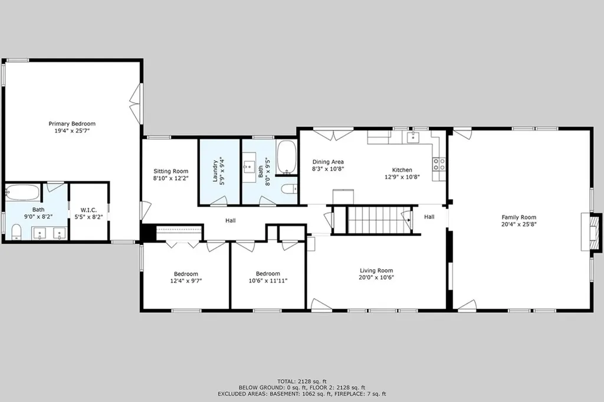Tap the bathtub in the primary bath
(23, 192)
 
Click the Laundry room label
(219, 171)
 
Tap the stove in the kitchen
(439, 164)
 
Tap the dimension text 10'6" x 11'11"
(268, 280)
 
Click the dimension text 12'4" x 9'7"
(186, 280)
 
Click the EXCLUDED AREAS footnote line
(302, 394)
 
